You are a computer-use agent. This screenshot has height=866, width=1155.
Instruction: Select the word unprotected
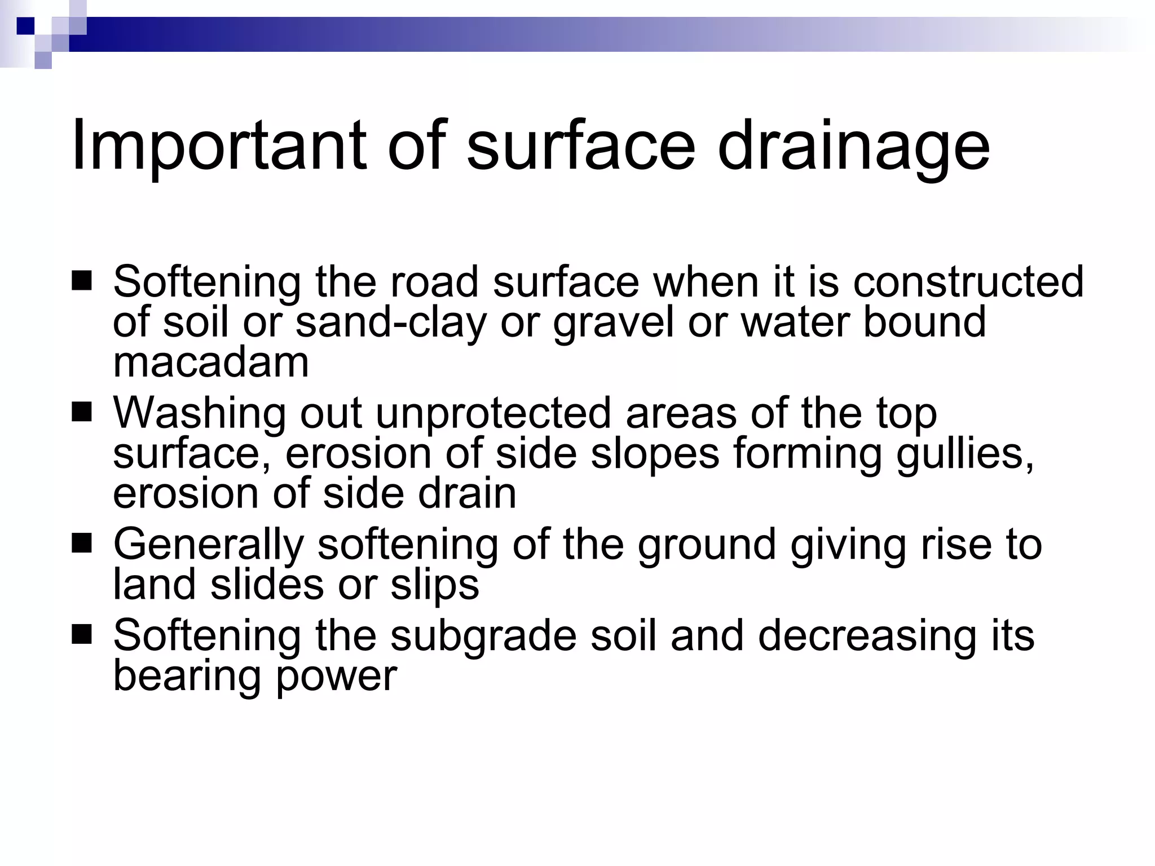coord(493,413)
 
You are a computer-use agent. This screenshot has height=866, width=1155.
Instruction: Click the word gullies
coord(965,454)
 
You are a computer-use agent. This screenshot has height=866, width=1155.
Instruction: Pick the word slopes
coord(655,454)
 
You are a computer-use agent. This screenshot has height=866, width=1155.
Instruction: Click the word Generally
coord(209,545)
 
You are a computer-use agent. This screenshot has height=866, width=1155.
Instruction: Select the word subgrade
coord(483,636)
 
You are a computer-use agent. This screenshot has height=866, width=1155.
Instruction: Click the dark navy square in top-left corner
coord(25,25)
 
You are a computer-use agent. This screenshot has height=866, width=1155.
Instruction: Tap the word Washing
coord(200,413)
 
